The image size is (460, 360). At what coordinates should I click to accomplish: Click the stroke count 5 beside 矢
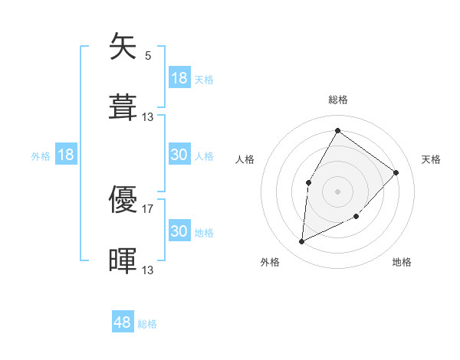(x=148, y=55)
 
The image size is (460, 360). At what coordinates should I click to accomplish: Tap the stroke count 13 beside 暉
(x=148, y=269)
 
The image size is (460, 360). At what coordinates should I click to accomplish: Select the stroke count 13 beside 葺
(x=148, y=116)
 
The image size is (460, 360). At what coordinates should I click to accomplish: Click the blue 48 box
(x=123, y=322)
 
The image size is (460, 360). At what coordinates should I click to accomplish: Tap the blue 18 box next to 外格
(x=66, y=155)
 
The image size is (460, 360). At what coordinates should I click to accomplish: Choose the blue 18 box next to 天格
(x=179, y=78)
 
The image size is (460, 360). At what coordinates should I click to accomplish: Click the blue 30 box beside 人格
(x=179, y=155)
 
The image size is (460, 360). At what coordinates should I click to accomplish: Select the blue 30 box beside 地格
(x=179, y=231)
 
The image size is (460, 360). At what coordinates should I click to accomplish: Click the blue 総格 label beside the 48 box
(x=147, y=324)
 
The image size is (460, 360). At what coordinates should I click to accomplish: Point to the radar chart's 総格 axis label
(x=337, y=100)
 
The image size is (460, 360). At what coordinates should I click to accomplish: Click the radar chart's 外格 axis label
(x=270, y=262)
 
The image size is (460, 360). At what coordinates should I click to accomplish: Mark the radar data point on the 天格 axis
(x=396, y=172)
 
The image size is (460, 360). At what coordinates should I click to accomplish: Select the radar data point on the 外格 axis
(x=302, y=242)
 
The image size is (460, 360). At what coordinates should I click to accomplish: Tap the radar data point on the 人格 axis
(x=309, y=182)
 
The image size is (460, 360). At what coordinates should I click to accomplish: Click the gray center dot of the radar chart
(x=337, y=191)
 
